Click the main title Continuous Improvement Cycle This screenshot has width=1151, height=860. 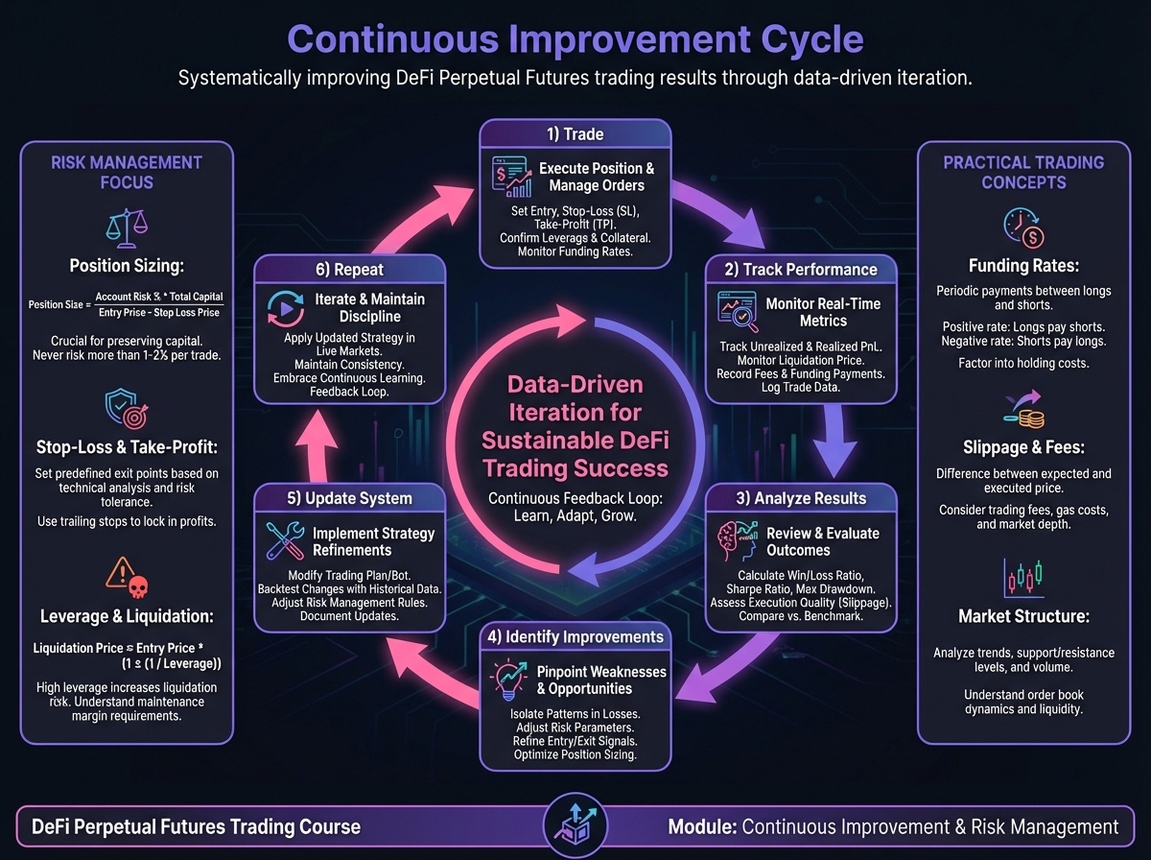tap(575, 39)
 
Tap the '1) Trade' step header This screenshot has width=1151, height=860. tap(575, 133)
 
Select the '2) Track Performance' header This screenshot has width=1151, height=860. tap(801, 269)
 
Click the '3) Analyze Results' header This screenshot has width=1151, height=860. tap(801, 497)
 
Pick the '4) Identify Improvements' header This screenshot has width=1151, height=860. tap(575, 636)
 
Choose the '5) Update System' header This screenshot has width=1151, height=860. tap(349, 498)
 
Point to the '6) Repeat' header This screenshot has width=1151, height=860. tap(349, 270)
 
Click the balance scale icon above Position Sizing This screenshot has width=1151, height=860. tap(127, 228)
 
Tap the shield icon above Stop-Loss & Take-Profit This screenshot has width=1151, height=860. tap(127, 408)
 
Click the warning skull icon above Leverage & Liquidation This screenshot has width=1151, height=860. tap(127, 579)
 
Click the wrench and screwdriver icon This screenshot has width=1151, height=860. tap(284, 540)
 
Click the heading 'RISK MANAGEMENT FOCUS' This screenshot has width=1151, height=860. tap(127, 172)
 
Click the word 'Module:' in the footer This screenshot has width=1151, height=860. tap(702, 826)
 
